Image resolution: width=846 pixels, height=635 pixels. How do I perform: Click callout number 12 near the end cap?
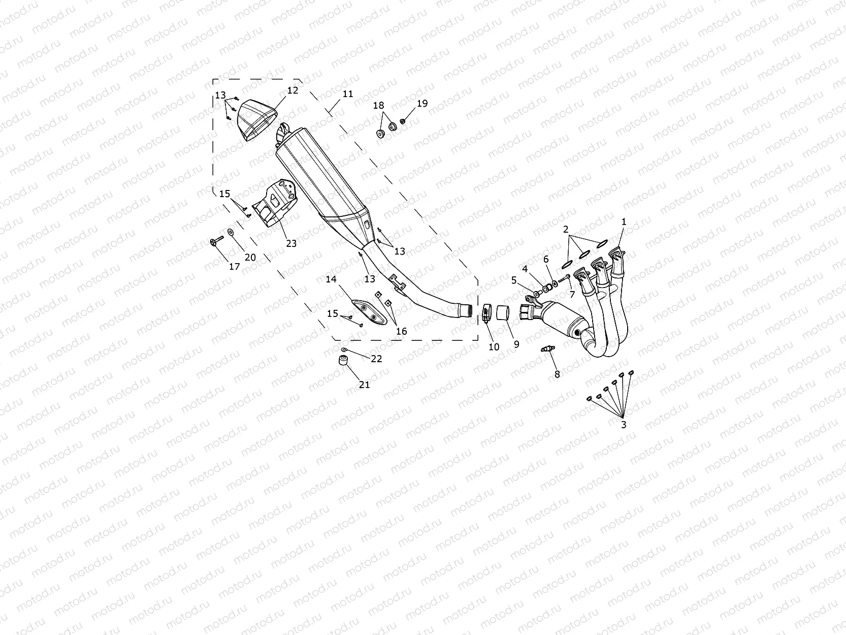pos(292,90)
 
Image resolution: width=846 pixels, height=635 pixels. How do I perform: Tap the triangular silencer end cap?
pos(257,120)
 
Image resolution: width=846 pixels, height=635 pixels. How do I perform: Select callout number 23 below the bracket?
pos(291,243)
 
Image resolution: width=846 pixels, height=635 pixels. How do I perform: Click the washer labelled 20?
pos(232,232)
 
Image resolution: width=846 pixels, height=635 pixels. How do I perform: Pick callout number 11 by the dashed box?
pos(347,94)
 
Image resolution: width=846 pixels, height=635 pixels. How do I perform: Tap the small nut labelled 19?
pos(403,121)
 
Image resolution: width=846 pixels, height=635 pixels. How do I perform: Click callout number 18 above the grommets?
pos(379,106)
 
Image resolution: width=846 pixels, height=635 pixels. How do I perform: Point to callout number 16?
pos(401,331)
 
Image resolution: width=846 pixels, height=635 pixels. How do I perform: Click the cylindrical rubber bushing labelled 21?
pos(343,361)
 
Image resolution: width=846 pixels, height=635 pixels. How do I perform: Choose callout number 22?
pos(376,359)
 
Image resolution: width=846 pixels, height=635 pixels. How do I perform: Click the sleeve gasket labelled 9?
pos(503,311)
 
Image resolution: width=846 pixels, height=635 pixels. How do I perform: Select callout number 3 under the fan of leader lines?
pos(624,425)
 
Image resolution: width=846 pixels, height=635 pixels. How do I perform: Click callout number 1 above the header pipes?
pos(624,222)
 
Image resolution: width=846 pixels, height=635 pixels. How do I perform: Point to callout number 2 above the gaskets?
pos(566,230)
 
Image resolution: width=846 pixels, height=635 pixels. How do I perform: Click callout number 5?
pos(514,280)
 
